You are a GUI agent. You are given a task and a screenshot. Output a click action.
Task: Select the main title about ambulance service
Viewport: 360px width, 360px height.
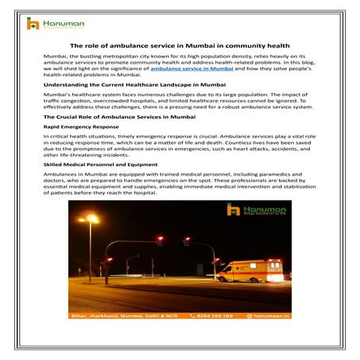tap(180, 47)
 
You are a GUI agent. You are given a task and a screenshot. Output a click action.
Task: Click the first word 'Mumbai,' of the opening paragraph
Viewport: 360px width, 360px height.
tap(56, 59)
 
